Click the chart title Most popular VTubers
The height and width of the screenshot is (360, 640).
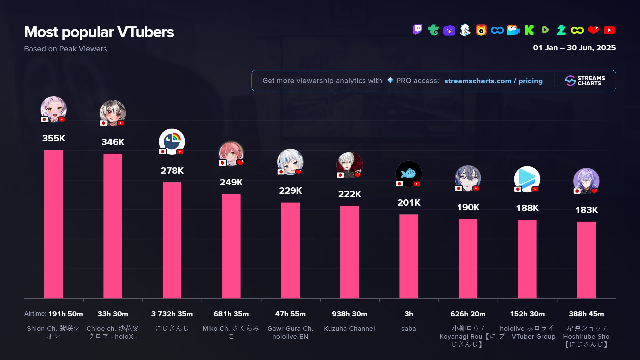coord(99,32)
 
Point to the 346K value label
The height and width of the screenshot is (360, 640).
coord(113,142)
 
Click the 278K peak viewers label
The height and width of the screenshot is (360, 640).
coord(172,171)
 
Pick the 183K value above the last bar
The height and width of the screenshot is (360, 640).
coord(586,210)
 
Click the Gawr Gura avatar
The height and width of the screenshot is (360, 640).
coord(290,162)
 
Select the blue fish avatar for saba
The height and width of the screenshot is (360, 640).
coord(409,174)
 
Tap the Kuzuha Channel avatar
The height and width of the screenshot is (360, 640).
coord(349,165)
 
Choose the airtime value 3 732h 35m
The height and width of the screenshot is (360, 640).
coord(172,314)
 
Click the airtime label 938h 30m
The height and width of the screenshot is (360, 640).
coord(349,314)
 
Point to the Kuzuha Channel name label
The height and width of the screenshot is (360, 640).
coord(349,329)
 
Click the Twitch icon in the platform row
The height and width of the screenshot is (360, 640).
coord(417,30)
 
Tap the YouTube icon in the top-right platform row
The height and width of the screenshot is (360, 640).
coord(609,30)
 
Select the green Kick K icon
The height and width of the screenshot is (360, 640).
coord(529,30)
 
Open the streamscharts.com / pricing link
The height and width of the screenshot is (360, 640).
coord(493,81)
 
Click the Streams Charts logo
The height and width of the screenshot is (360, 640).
coord(585,81)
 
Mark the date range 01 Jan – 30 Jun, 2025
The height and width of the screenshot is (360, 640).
coord(574,48)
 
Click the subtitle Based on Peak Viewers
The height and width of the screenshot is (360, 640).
coord(65,49)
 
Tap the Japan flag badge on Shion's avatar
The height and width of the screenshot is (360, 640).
coord(44,119)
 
